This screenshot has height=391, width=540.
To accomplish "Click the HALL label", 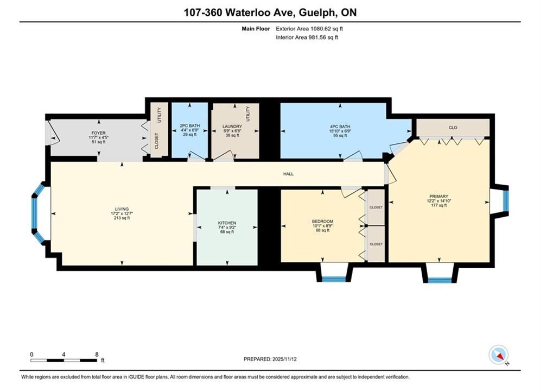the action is [288, 174].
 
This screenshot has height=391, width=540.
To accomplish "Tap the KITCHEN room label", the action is [227, 223].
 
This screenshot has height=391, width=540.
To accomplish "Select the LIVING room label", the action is [122, 209].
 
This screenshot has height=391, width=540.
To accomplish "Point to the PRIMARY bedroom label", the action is [439, 197].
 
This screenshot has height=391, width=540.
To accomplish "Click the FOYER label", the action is [98, 133].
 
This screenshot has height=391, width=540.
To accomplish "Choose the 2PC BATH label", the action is [190, 126].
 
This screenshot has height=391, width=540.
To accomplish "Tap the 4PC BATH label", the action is [340, 127].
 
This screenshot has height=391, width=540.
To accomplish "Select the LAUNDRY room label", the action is [232, 127].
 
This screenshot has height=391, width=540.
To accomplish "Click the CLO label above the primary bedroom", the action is [453, 128].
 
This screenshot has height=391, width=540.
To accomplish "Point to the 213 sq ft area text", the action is [122, 218].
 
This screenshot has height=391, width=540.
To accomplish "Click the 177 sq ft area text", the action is [439, 205].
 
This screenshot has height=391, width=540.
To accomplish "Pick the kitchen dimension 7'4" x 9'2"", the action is [227, 228].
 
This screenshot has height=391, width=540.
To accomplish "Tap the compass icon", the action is [498, 355].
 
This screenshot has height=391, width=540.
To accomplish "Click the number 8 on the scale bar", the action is [97, 354].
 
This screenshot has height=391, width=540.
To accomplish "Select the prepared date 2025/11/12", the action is [284, 359].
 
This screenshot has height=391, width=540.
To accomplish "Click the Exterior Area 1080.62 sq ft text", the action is [309, 29].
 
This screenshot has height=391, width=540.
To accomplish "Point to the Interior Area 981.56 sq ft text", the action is [307, 37].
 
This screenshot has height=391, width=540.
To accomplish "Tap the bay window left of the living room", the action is [39, 213].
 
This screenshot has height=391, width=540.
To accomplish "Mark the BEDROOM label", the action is [322, 222].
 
